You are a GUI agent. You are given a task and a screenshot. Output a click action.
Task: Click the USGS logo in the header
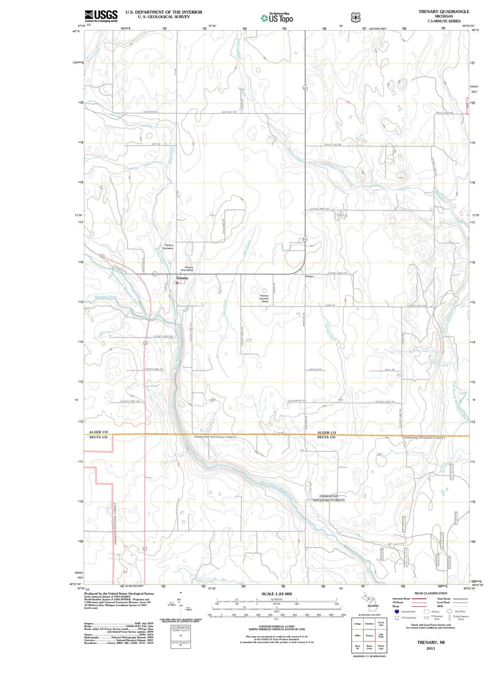coord(101,15)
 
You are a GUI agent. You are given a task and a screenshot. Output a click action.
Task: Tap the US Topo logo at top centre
coord(277,18)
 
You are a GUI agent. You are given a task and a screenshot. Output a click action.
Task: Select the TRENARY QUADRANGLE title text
coord(443,11)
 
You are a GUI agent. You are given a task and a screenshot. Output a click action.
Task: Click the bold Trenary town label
coord(182,278)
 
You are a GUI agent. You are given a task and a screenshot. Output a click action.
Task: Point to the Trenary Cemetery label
coord(169,247)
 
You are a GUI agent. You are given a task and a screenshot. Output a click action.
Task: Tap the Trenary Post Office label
coord(187,268)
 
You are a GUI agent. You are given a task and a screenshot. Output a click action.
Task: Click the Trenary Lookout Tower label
coord(264,298)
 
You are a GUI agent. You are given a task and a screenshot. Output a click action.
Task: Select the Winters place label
coord(309,276)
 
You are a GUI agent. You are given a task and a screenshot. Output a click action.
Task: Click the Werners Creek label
coord(105,297)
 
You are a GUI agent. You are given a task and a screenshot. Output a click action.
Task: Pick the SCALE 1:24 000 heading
coord(276,594)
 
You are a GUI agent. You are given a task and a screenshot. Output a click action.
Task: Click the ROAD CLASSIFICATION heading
coord(431,593)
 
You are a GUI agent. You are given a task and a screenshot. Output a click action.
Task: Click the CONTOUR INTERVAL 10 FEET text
coord(276,626)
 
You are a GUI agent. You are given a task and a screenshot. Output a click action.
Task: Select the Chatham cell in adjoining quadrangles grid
coord(369,624)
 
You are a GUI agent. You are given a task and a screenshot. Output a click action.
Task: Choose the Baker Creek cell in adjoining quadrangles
coord(369,647)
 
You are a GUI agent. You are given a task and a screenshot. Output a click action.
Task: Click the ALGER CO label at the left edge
coord(98,432)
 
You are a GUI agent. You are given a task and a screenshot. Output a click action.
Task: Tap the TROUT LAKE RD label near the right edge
coord(444,113)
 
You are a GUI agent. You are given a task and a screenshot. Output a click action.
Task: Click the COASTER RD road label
coord(150,111)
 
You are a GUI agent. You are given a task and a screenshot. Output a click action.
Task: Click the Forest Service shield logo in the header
coord(356,17)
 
